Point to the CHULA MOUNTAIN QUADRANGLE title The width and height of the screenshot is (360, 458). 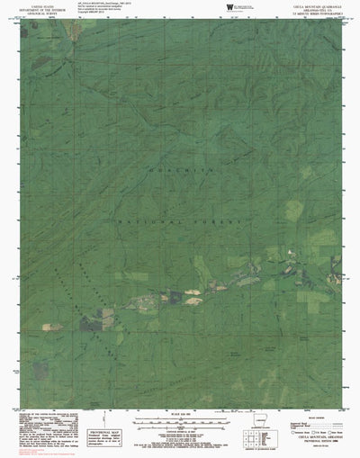[x=305, y=4]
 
